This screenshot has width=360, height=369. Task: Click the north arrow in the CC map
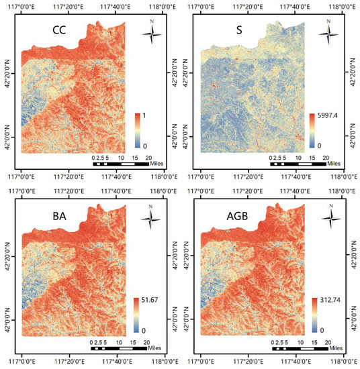click(x=152, y=34)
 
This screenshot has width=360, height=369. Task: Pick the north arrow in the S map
click(x=328, y=34)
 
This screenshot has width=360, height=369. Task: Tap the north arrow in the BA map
click(x=152, y=215)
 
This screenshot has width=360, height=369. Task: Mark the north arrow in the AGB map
click(x=329, y=215)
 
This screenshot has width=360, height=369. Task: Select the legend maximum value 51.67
click(x=151, y=299)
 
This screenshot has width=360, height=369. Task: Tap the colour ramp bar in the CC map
click(x=138, y=130)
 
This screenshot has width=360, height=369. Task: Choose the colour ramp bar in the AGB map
click(x=313, y=314)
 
